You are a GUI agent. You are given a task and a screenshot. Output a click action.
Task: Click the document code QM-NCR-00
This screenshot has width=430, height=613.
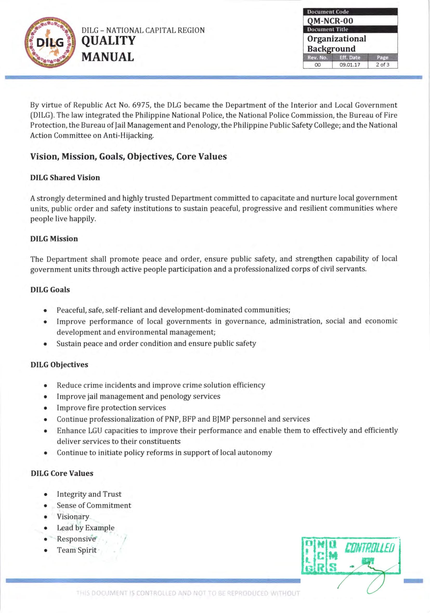(330, 21)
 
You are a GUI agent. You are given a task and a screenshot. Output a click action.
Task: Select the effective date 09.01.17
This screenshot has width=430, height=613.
(350, 65)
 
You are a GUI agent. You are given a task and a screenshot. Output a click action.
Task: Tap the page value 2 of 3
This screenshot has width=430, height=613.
(382, 65)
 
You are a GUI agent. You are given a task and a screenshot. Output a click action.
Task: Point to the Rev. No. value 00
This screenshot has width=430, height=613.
(317, 65)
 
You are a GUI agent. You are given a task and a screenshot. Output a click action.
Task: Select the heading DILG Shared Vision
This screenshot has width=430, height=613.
(65, 178)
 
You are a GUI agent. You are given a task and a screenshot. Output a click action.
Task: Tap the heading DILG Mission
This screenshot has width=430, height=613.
(54, 239)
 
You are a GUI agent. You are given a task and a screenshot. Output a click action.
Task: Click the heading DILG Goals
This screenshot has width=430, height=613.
(50, 290)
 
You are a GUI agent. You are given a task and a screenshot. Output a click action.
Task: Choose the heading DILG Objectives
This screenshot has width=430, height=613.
(59, 365)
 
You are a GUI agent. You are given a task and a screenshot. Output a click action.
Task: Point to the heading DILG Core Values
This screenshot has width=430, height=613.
(62, 473)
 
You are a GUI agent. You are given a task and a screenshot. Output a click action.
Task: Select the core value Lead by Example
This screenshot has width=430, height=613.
(85, 528)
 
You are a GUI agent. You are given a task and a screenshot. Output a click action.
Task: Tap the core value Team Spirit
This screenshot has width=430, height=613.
(76, 550)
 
